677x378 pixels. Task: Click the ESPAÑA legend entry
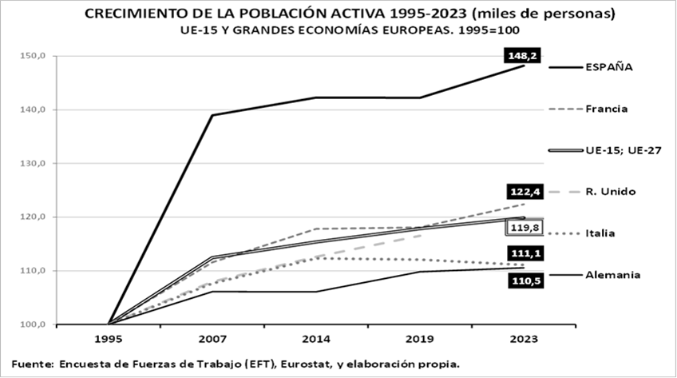click(x=609, y=67)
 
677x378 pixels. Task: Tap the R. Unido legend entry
click(x=610, y=192)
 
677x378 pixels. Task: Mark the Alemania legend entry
click(x=613, y=275)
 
